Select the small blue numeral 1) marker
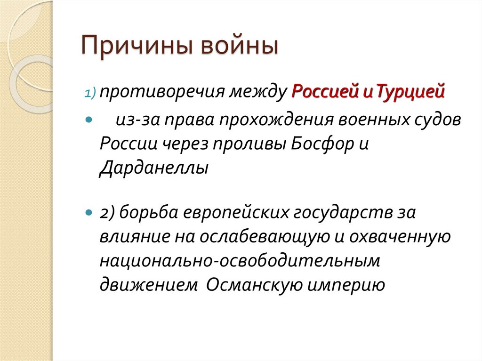[90, 93]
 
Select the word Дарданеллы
[153, 168]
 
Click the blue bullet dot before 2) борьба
[88, 212]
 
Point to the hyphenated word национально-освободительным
[239, 260]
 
